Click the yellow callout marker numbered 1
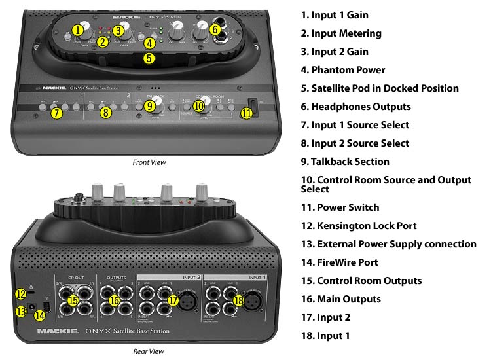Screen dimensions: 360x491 tap(79, 29)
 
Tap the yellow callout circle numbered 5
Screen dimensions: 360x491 tap(149, 58)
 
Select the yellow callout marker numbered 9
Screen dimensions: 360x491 tap(149, 105)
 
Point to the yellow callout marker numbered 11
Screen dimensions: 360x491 tap(246, 113)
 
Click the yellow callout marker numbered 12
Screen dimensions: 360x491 tap(21, 293)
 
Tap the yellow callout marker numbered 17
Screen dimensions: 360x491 tap(173, 300)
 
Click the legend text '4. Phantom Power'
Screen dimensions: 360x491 tap(352, 69)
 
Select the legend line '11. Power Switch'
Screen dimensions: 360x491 tap(349, 207)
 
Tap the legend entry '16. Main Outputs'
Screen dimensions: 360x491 tap(349, 298)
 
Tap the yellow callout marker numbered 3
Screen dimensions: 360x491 tap(118, 29)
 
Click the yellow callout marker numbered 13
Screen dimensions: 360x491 tap(21, 312)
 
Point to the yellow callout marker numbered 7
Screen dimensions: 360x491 tap(57, 113)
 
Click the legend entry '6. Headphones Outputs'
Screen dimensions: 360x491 tap(365, 106)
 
